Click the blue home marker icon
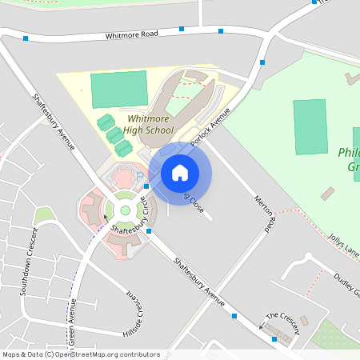180,173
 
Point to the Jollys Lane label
345,245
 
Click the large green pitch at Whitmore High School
119,90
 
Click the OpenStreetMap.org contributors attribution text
104,354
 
